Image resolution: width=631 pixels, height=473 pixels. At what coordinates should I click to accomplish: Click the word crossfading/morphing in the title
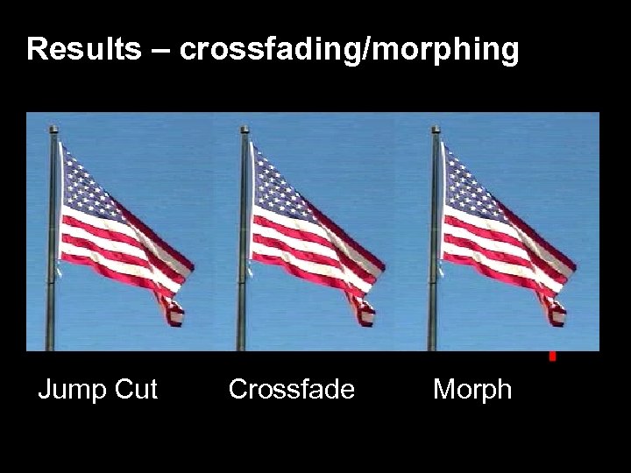(350, 51)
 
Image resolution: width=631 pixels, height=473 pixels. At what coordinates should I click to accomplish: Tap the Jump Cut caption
(97, 389)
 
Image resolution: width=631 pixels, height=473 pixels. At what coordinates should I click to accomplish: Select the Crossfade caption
(291, 389)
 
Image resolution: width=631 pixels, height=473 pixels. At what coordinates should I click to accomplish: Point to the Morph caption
(471, 389)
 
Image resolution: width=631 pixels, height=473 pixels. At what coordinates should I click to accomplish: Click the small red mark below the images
(552, 357)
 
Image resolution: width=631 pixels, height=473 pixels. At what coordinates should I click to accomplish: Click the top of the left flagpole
(54, 130)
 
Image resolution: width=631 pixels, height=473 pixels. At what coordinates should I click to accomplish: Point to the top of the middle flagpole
(245, 130)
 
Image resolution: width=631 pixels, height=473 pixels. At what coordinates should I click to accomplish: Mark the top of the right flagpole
(436, 130)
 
